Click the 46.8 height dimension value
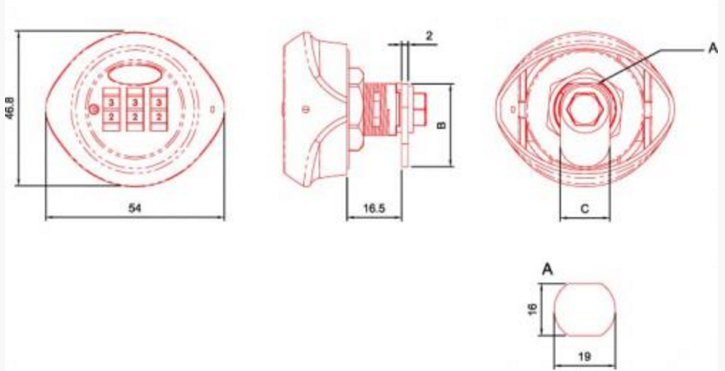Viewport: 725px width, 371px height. click(x=9, y=108)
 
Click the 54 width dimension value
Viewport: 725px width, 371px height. click(x=134, y=208)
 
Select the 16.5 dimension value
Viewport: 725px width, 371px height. click(x=374, y=208)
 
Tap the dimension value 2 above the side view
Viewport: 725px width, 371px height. click(x=428, y=35)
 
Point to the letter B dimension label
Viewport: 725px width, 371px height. click(x=441, y=125)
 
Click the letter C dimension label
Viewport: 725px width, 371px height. click(x=585, y=209)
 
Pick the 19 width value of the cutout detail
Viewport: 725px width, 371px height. click(x=584, y=356)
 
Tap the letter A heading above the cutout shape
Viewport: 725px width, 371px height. click(x=547, y=269)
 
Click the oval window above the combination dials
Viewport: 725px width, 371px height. click(x=135, y=74)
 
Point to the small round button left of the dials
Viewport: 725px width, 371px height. click(x=93, y=109)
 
